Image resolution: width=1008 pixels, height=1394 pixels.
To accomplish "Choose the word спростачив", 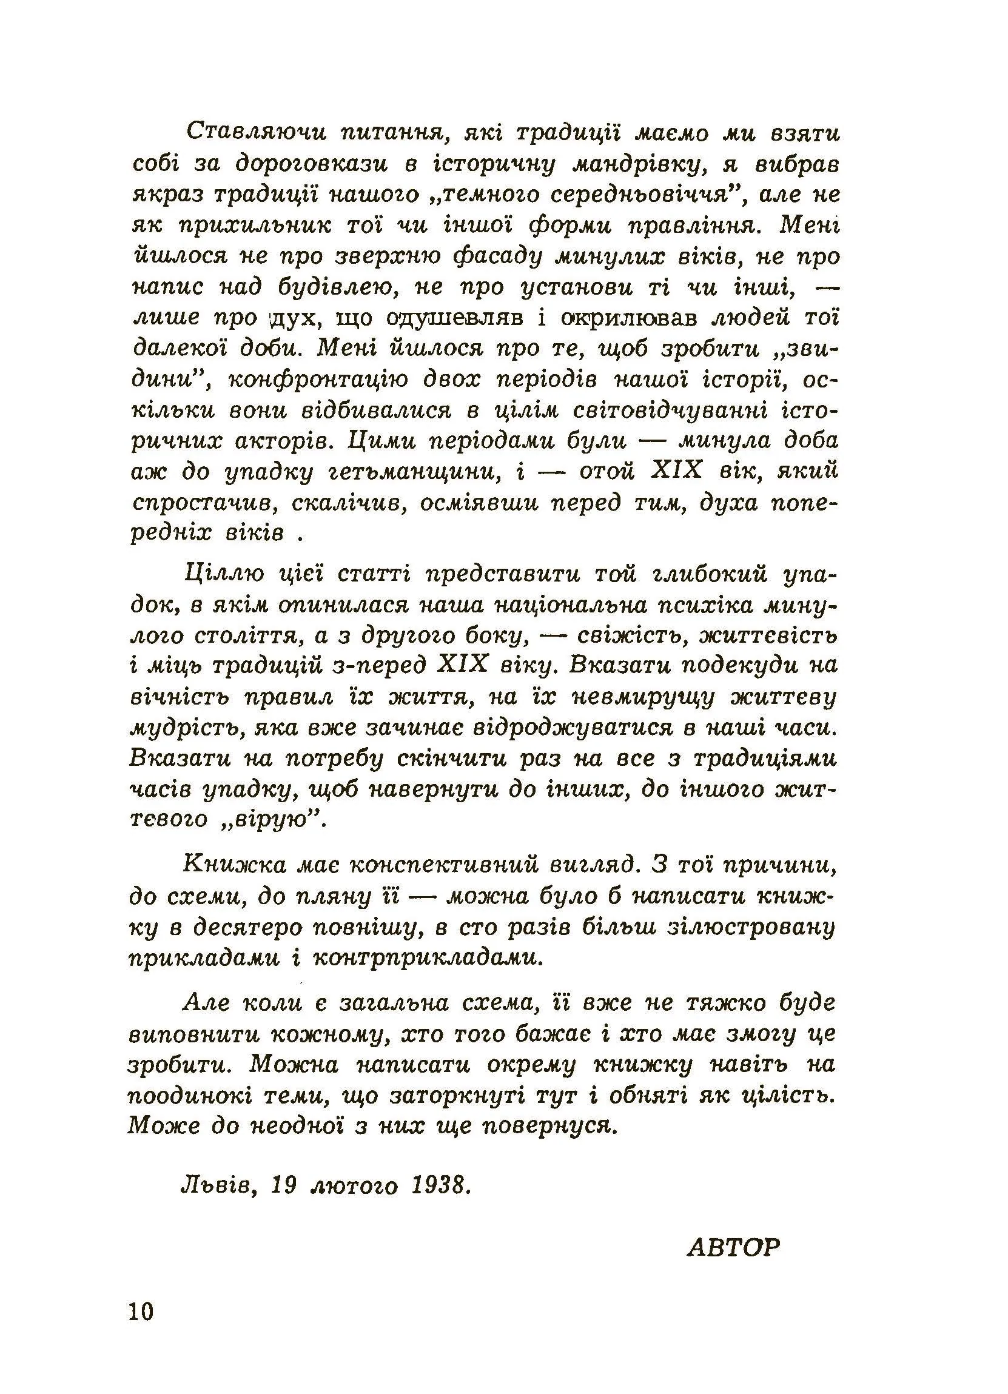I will (202, 503).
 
